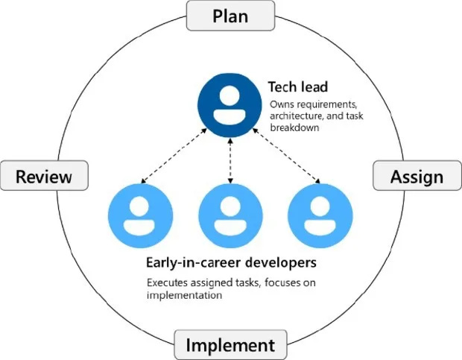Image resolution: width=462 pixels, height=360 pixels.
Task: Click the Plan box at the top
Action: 230,16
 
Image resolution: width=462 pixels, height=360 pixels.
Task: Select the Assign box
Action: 417,177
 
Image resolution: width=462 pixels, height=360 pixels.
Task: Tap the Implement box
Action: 230,346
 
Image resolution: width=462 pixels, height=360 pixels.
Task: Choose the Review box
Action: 45,177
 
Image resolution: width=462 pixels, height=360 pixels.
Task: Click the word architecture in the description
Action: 295,116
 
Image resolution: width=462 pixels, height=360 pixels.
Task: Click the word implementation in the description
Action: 186,294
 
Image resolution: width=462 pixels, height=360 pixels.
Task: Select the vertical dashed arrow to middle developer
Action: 230,162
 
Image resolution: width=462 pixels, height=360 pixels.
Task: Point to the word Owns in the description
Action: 282,104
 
